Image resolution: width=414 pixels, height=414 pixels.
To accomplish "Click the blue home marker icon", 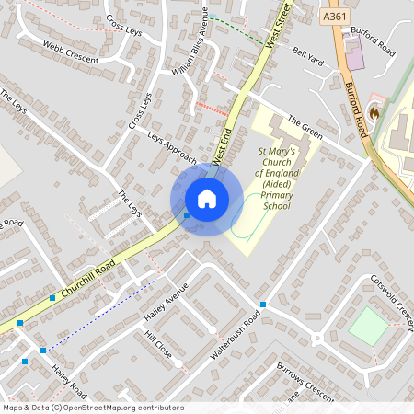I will point(206,199).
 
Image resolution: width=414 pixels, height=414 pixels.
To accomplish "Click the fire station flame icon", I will point(373,111).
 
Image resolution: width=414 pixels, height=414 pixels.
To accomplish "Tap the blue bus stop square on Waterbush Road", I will point(263,304).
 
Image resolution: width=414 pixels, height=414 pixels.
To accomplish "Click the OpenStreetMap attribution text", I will point(93,408).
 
